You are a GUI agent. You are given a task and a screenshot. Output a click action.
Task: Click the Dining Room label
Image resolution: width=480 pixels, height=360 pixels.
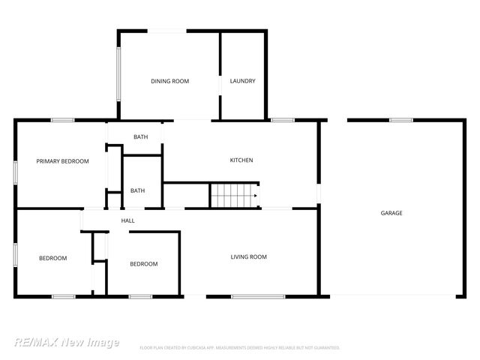click(169, 81)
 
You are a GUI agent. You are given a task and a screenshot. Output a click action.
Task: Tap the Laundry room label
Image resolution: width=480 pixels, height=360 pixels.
click(243, 81)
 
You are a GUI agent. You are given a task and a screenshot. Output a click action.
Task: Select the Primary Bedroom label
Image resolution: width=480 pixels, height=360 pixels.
click(63, 161)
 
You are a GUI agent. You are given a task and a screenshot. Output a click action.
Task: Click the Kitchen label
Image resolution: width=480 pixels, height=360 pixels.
click(241, 160)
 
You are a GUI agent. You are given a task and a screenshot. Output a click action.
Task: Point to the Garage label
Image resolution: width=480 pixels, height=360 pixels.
click(391, 213)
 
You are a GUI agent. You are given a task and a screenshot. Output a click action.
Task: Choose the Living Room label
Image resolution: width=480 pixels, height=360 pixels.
click(248, 257)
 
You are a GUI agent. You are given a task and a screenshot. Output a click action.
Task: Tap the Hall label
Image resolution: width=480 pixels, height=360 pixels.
click(127, 220)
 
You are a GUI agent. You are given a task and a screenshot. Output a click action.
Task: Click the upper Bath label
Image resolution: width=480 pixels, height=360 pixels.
click(140, 136)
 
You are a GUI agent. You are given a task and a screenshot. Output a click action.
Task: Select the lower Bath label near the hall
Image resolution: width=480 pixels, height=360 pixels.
click(137, 190)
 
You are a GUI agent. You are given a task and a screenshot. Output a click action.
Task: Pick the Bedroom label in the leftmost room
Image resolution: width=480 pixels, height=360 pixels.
click(52, 258)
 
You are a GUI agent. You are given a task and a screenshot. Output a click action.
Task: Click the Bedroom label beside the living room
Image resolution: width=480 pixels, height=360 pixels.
click(143, 264)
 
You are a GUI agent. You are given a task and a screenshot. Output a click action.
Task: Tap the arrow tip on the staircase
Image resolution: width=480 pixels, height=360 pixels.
click(256, 196)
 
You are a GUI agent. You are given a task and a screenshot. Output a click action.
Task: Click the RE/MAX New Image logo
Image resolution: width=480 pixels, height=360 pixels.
click(66, 342)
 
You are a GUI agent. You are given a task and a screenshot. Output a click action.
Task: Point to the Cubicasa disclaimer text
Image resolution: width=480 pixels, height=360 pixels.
click(240, 348)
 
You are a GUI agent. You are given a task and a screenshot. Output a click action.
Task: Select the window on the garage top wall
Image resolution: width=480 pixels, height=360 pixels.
click(400, 119)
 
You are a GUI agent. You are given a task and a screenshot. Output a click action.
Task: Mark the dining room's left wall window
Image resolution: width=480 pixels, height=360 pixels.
click(118, 75)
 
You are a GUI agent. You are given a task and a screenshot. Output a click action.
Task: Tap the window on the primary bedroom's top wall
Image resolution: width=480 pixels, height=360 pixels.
click(62, 120)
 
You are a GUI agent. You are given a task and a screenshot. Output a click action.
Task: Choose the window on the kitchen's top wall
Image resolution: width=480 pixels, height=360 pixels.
click(283, 120)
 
